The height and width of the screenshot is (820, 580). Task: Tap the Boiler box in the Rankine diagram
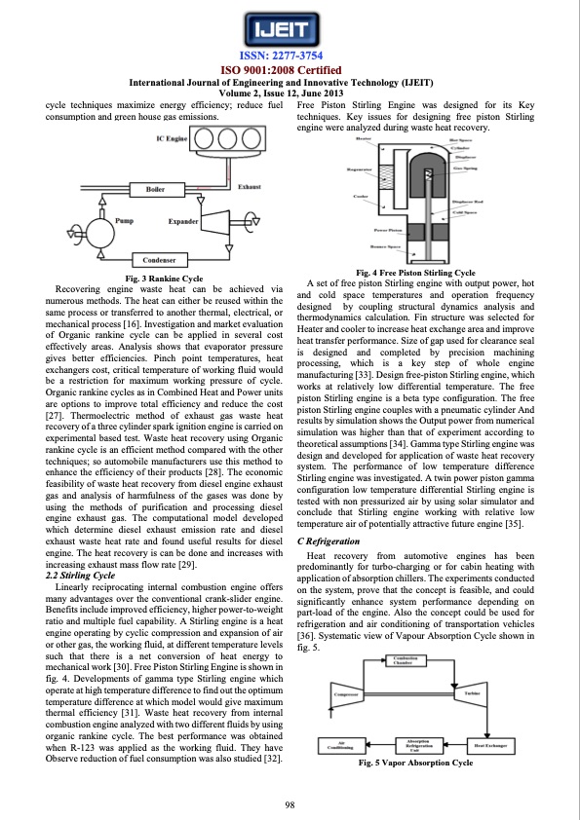154,187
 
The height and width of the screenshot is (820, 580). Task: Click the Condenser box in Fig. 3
158,260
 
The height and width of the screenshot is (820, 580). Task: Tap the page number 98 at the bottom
290,802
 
